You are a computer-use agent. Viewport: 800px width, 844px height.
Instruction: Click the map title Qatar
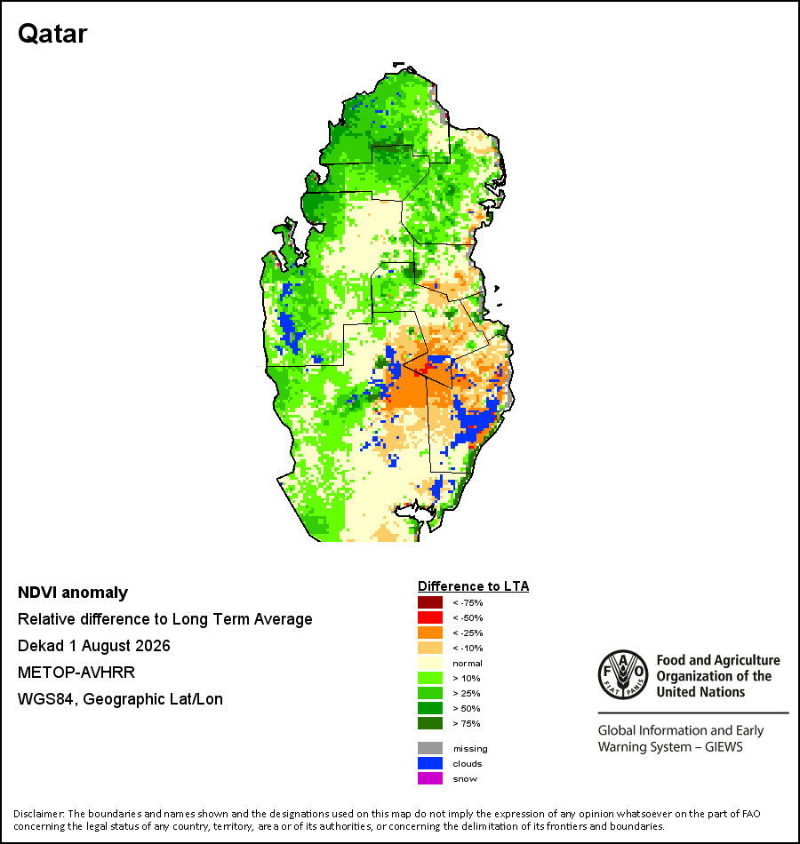(x=52, y=35)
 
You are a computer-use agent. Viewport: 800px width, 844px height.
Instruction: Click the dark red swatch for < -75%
(x=430, y=602)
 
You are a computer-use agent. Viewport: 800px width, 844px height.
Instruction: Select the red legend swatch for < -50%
(x=430, y=617)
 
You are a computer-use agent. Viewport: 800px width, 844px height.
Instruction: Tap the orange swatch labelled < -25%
(x=430, y=633)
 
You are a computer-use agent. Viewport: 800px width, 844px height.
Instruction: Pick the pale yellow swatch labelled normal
(x=430, y=663)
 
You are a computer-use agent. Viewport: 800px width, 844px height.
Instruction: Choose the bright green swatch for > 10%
(x=430, y=678)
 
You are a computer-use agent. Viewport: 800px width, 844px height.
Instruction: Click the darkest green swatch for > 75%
(x=430, y=723)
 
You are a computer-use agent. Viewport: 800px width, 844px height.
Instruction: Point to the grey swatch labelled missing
(x=430, y=748)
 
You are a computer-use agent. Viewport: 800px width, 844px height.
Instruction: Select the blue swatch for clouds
(x=430, y=763)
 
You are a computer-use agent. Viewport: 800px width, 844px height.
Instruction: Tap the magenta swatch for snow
(x=430, y=778)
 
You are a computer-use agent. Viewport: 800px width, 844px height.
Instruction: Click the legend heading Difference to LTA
(x=473, y=586)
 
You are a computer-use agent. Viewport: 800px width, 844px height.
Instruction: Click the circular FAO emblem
(x=623, y=674)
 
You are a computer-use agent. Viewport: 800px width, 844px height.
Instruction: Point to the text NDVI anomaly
(x=73, y=593)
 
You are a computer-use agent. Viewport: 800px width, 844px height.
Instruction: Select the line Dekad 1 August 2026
(x=93, y=645)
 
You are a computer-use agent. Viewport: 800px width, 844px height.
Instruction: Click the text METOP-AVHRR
(x=76, y=673)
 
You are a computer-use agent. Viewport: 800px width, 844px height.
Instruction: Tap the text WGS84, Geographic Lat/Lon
(x=120, y=699)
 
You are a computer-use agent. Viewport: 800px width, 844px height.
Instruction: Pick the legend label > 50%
(x=467, y=708)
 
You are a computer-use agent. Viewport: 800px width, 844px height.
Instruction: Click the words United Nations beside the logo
(x=700, y=692)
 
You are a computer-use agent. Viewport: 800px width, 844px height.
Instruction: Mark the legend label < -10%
(x=468, y=648)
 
